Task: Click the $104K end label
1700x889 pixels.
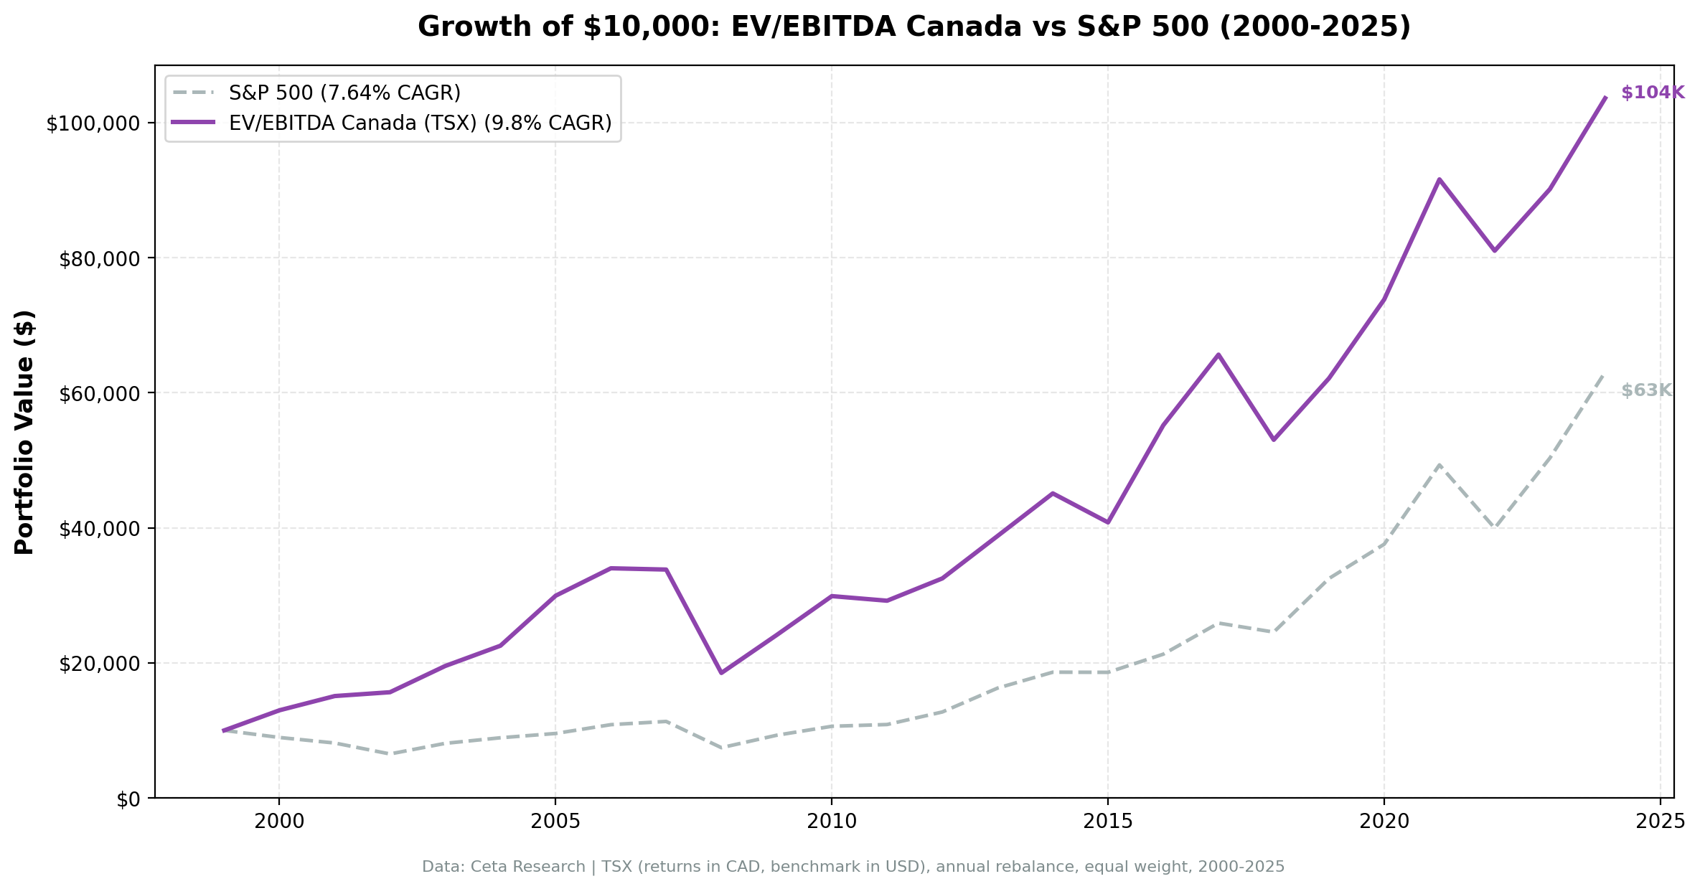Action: coord(1652,93)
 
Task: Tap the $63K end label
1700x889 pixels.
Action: coord(1646,390)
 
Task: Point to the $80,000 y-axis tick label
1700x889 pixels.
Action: coord(98,258)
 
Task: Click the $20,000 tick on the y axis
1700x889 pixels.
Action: coord(98,664)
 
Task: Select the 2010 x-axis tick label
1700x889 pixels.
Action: coord(831,822)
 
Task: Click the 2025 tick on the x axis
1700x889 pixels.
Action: coord(1660,822)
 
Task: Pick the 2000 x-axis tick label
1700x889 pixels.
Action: coord(279,822)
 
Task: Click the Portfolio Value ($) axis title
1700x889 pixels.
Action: coord(25,432)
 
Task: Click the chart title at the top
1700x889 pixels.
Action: coord(914,27)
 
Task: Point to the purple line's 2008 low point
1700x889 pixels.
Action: coord(721,672)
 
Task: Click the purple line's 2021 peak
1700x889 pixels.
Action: coord(1439,179)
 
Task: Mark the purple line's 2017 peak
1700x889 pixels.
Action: coord(1218,354)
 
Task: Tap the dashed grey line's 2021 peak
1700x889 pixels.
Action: coord(1439,465)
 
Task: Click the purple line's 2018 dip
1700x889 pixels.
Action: coord(1273,439)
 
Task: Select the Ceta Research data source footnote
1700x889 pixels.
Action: coord(853,867)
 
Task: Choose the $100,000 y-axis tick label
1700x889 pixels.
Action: coord(93,123)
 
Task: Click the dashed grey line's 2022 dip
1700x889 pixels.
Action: coord(1494,527)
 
